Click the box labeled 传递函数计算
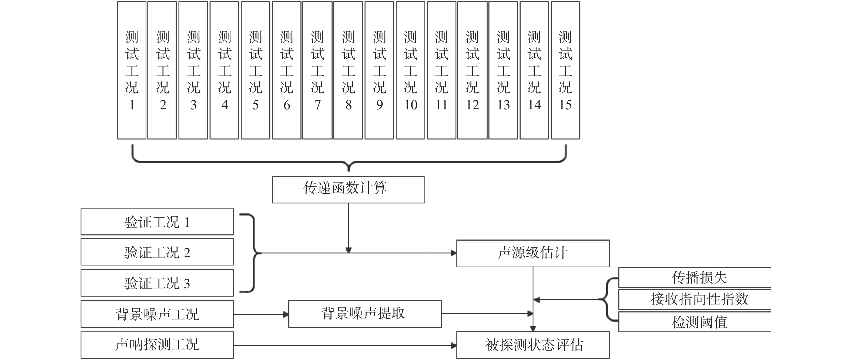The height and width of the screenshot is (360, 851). click(x=349, y=190)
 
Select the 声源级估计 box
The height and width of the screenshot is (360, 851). click(x=533, y=253)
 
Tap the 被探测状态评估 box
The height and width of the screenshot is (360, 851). click(x=533, y=345)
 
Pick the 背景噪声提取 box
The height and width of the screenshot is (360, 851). click(x=365, y=314)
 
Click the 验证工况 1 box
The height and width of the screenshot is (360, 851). click(x=157, y=222)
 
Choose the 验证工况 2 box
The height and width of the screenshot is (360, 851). click(x=157, y=252)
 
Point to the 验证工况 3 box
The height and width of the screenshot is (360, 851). click(x=157, y=283)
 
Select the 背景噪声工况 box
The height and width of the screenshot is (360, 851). click(x=157, y=314)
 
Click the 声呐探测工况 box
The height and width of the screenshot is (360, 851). click(x=157, y=345)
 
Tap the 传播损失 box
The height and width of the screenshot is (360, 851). click(x=695, y=278)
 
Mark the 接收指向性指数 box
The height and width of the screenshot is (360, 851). click(x=695, y=300)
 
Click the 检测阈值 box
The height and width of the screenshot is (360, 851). click(x=695, y=322)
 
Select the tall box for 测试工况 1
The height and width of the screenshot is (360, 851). click(x=132, y=70)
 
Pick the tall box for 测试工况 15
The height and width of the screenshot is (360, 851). click(x=565, y=70)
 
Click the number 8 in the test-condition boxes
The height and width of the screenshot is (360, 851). click(x=349, y=105)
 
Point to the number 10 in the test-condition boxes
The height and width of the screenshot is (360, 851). click(x=411, y=105)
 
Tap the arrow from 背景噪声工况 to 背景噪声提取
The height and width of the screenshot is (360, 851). click(x=261, y=314)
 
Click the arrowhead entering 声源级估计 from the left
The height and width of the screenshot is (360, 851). click(x=454, y=253)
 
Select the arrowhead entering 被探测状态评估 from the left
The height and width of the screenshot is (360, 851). click(x=454, y=346)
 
